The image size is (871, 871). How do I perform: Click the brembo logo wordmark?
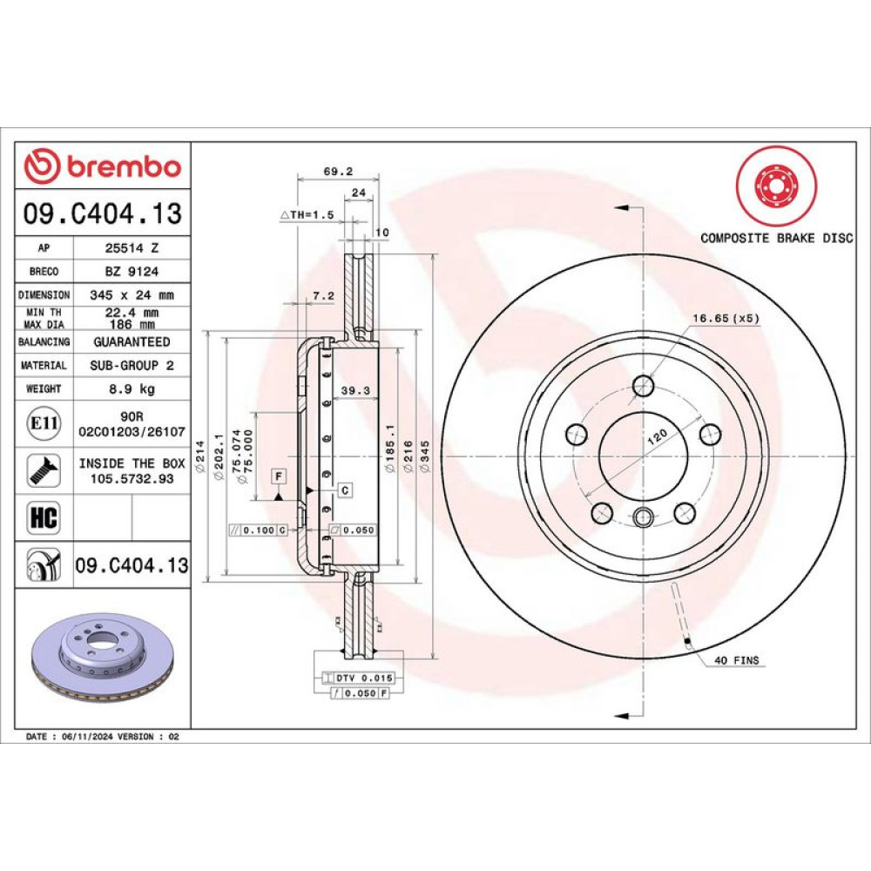tap(125, 166)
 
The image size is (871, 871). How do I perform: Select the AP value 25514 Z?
tap(132, 247)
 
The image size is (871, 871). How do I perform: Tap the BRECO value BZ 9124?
tap(132, 271)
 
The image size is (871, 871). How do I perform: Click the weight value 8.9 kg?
tap(132, 388)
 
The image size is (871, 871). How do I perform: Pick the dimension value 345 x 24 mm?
tap(132, 295)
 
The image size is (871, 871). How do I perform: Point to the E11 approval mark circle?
tap(44, 423)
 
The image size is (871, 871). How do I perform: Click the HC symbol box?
tap(44, 517)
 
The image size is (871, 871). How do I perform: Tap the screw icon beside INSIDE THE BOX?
tap(44, 470)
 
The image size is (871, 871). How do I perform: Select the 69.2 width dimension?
tap(338, 171)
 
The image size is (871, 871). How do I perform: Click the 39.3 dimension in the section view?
tap(355, 390)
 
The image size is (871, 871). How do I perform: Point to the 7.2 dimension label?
tap(323, 295)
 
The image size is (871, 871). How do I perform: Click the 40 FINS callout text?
tap(736, 660)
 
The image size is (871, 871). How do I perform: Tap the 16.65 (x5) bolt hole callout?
tap(726, 318)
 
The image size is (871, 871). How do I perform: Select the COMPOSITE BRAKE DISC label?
tap(777, 238)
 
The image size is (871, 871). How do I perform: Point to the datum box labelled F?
tap(279, 476)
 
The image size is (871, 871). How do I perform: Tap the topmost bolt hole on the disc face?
tap(644, 385)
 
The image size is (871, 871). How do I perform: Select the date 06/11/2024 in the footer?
tap(88, 737)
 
